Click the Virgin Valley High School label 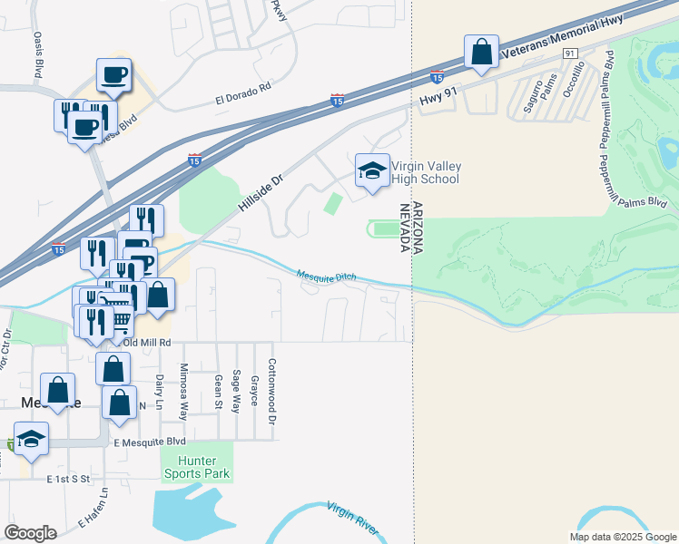[x=427, y=172]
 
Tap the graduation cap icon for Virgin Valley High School [x=371, y=170]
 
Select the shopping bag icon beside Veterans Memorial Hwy [x=481, y=53]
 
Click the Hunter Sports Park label [x=197, y=467]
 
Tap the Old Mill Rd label [x=147, y=343]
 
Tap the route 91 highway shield [x=569, y=54]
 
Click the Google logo [x=30, y=533]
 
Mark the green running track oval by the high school [x=385, y=229]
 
